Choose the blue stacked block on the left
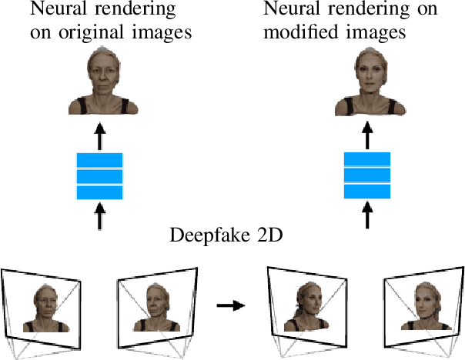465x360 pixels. pyautogui.click(x=99, y=176)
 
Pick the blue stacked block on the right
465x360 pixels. pyautogui.click(x=366, y=175)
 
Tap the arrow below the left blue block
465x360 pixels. pyautogui.click(x=99, y=215)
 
